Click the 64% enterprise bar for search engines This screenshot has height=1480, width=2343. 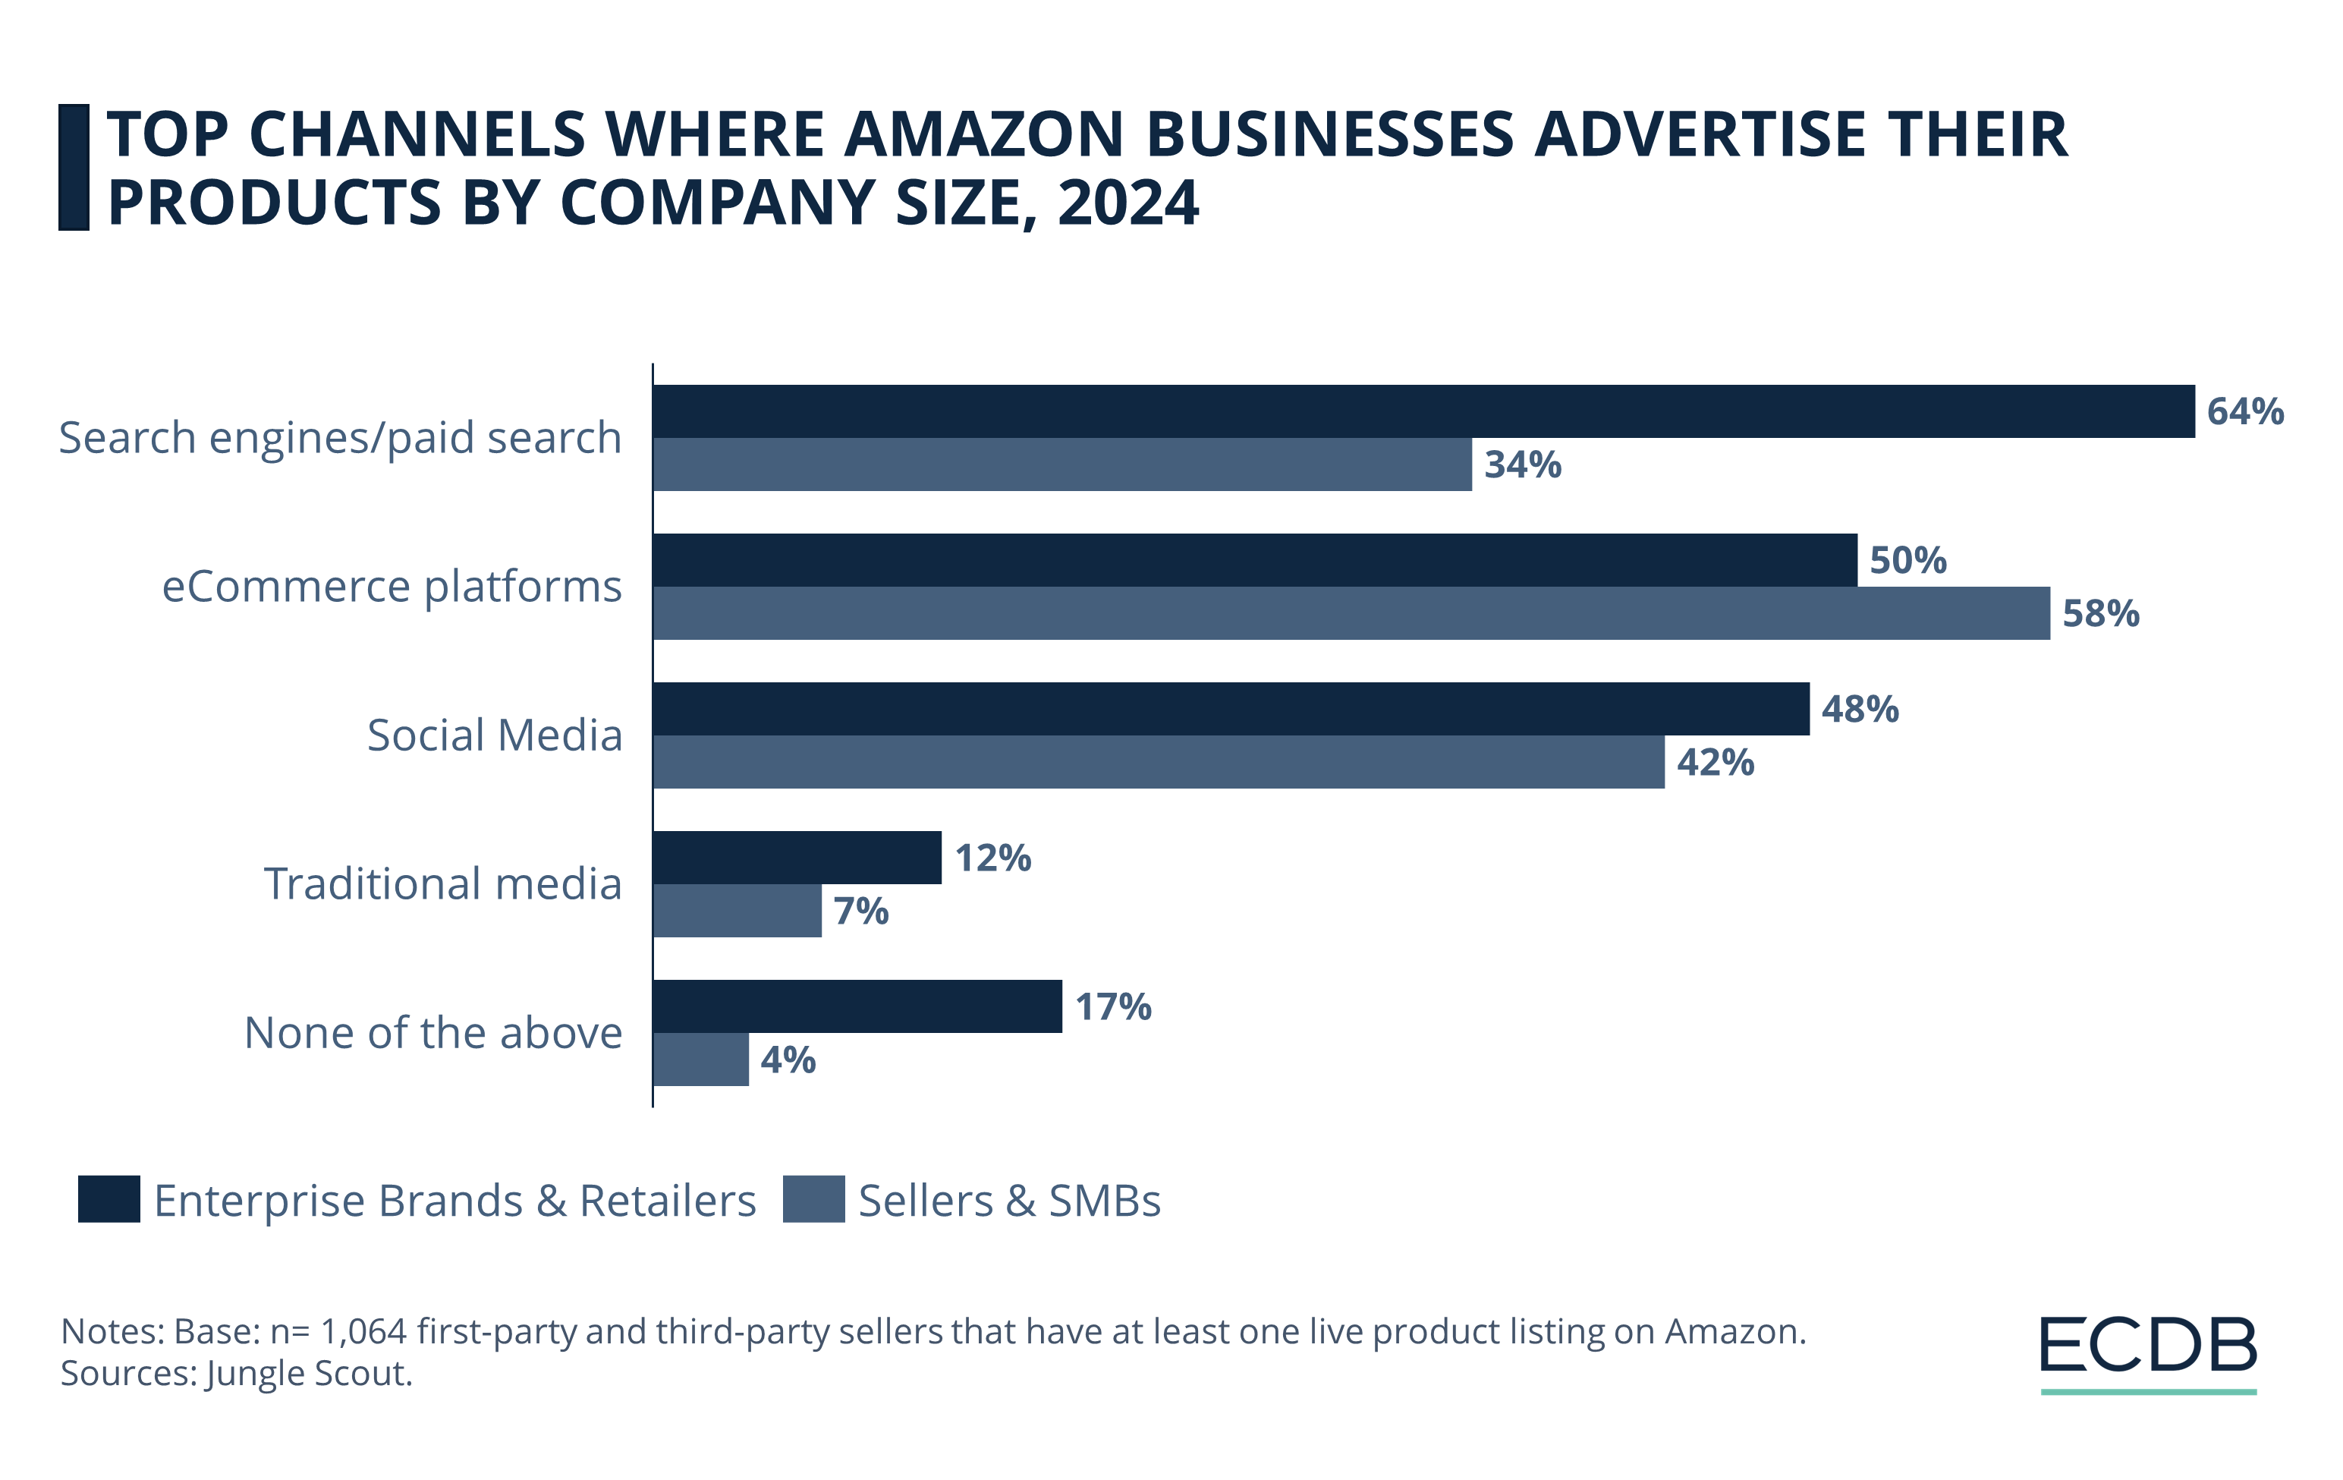tap(1423, 411)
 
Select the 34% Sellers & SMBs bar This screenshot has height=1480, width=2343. tap(1061, 464)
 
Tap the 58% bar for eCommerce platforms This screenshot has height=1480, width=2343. tap(1351, 613)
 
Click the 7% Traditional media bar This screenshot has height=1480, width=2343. tap(737, 911)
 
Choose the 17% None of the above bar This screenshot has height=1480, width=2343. tap(857, 1006)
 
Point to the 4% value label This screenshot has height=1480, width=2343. tap(787, 1060)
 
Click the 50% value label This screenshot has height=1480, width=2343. tap(1907, 560)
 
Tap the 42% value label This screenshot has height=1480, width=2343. tap(1715, 762)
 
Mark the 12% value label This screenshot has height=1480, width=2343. tap(992, 858)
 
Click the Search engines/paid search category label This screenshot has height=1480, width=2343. tap(340, 438)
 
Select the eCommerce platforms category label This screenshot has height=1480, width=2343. tap(392, 587)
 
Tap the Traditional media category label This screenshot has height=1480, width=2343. tap(442, 883)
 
